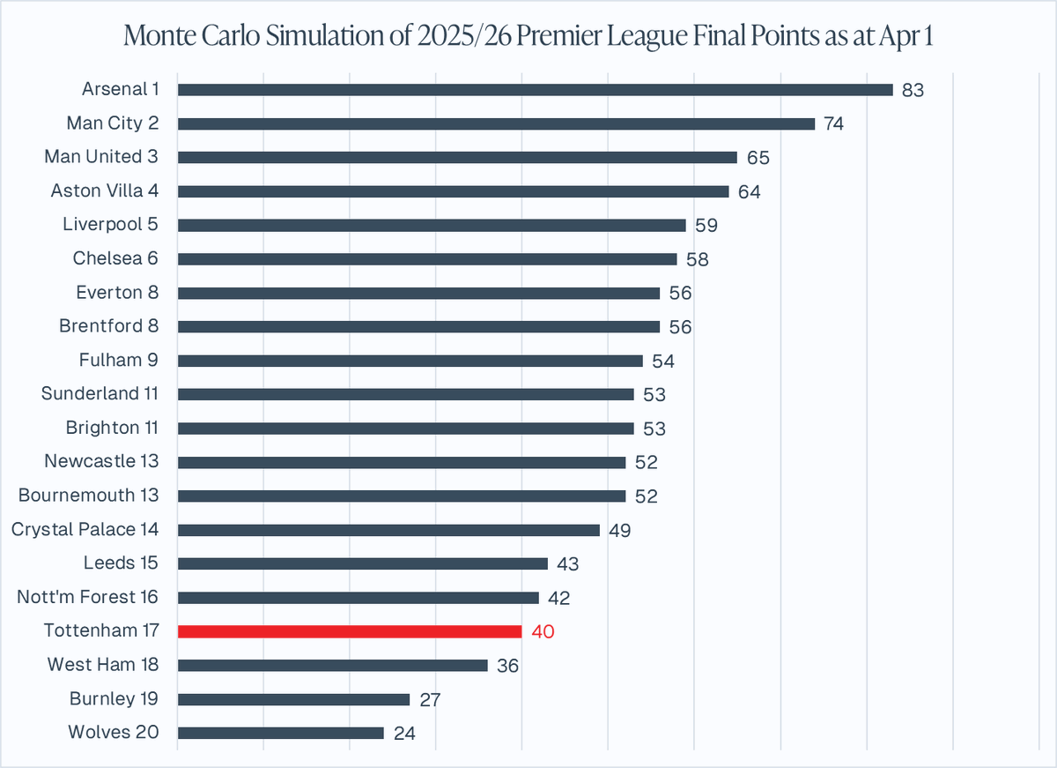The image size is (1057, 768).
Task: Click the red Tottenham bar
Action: coord(350,631)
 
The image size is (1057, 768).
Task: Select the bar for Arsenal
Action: coord(535,90)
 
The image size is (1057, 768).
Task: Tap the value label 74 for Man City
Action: coord(834,124)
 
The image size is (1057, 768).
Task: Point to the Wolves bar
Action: coord(280,733)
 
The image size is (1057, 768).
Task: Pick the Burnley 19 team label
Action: coord(115,699)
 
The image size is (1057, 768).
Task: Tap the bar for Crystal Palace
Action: coord(388,530)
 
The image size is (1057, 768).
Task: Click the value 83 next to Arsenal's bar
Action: coord(913,90)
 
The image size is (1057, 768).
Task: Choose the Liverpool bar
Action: coord(432,225)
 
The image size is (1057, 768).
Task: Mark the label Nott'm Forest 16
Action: coord(88,597)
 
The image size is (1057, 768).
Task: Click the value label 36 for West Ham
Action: coord(507,666)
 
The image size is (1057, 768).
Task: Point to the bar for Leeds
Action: coord(362,563)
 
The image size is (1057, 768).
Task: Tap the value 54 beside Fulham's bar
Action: coord(662,361)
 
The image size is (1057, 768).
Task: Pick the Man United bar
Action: coord(457,157)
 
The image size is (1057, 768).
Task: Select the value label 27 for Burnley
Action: coord(430,699)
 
